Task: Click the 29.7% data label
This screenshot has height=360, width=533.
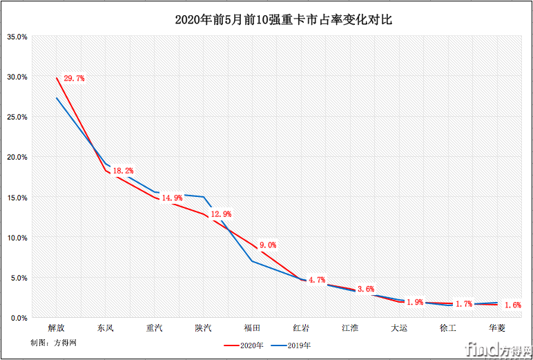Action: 74,79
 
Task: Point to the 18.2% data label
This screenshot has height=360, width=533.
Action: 123,171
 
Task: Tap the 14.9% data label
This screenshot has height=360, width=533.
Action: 172,198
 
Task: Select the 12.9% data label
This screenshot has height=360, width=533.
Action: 221,214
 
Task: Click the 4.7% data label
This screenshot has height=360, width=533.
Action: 316,280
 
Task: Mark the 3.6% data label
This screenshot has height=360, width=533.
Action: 365,289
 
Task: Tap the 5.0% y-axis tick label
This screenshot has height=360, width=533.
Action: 19,278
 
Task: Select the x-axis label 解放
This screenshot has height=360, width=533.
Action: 57,328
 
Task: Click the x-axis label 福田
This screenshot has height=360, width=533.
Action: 253,328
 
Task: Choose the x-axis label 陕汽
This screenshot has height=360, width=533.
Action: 204,328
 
